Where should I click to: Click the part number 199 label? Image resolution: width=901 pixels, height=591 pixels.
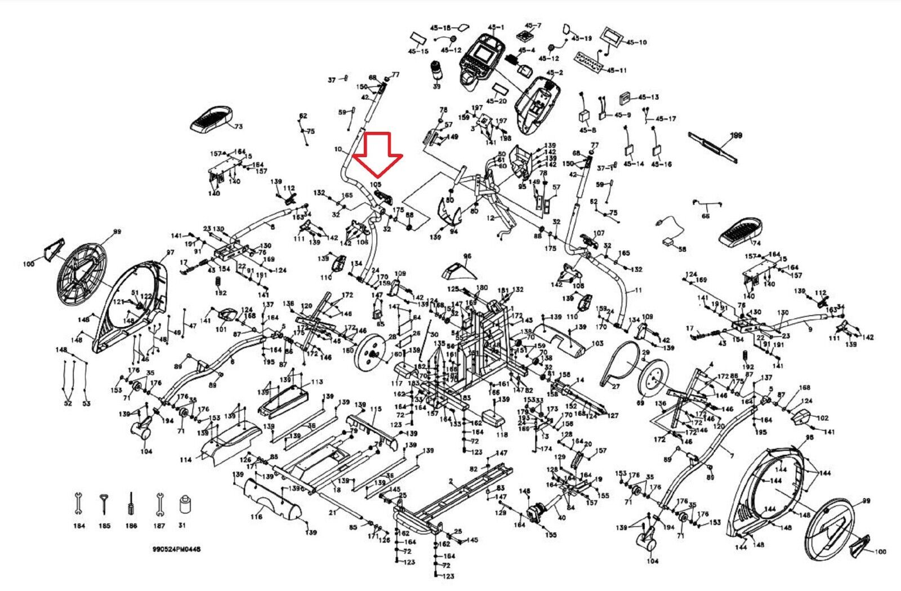(x=736, y=136)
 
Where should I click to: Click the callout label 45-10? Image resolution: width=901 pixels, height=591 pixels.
(x=636, y=42)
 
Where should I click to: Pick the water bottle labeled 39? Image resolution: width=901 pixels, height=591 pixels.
(x=436, y=73)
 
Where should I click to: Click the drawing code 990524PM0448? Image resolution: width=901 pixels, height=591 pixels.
(x=176, y=548)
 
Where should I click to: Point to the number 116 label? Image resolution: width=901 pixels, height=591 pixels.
(x=257, y=517)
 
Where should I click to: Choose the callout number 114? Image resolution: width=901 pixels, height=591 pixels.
(x=186, y=460)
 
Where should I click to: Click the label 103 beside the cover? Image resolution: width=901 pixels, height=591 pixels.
(x=597, y=343)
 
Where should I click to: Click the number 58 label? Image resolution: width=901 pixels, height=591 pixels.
(x=683, y=248)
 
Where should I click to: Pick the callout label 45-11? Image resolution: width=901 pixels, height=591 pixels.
(x=615, y=70)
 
